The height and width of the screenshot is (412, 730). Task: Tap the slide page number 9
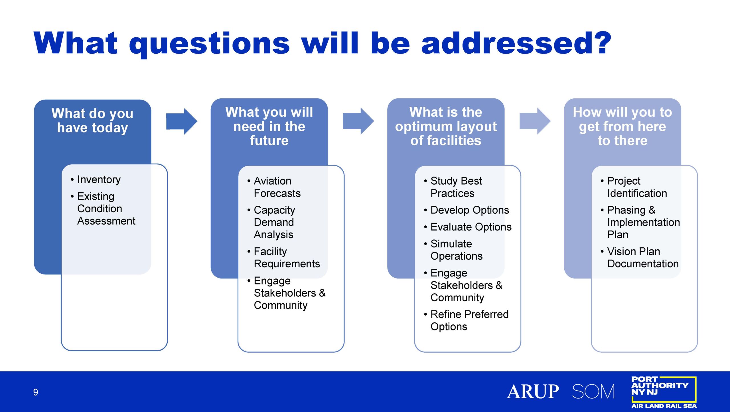point(36,392)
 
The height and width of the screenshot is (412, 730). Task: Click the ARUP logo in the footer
point(533,391)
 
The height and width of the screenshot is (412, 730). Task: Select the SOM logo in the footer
point(593,391)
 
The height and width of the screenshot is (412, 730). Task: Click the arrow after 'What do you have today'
point(182,121)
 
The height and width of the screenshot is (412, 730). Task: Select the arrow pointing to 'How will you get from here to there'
point(535,121)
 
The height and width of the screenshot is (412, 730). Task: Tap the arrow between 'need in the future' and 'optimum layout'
point(358,121)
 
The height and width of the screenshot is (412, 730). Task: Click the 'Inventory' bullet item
point(96,180)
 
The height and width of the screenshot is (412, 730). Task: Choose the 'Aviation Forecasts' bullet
point(274,187)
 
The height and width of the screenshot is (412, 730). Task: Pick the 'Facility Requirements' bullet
point(284,258)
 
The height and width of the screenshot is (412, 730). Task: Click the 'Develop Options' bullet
point(467,210)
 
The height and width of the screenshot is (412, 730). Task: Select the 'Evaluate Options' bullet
point(468,227)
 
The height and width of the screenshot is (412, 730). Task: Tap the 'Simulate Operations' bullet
point(453,250)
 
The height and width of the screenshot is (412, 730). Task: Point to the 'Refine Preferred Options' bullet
point(466,320)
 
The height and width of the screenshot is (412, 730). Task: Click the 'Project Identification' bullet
point(634,187)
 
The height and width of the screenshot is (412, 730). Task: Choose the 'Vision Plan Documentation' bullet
point(640,258)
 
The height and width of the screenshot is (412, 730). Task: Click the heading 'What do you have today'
point(92,120)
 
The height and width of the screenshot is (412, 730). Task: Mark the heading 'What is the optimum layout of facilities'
point(446,126)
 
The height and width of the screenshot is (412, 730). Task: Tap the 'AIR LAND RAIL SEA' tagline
point(664,406)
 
